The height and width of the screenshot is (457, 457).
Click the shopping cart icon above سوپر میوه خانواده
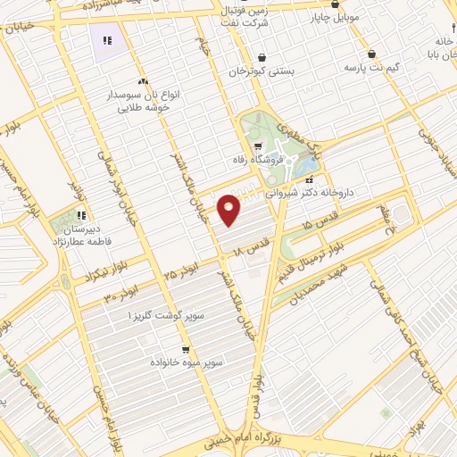click(185, 350)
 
